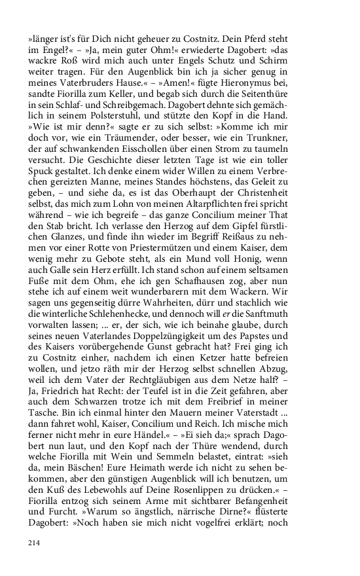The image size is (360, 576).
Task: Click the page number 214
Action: [x=34, y=543]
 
